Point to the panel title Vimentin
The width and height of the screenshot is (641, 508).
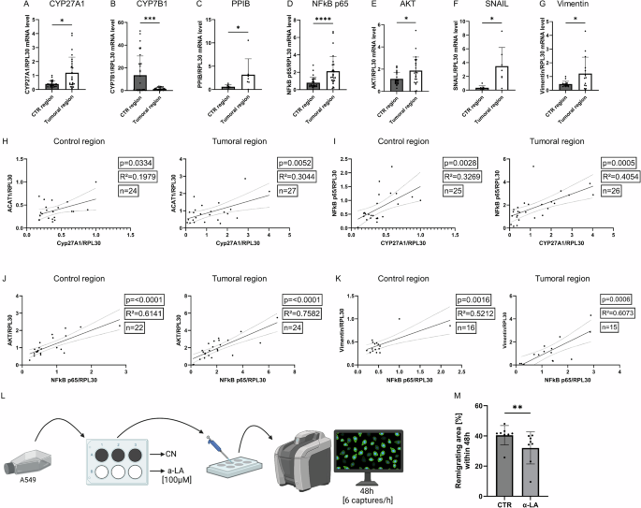coord(588,5)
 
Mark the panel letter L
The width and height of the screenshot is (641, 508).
coord(7,399)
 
